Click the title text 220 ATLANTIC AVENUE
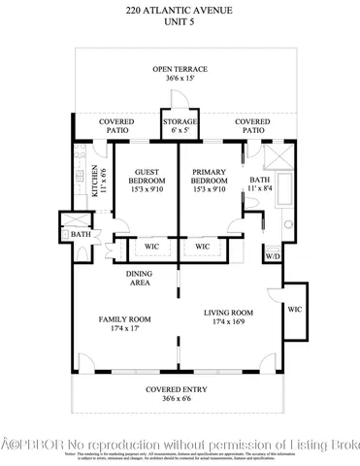[x=180, y=10]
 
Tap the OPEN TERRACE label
[x=180, y=69]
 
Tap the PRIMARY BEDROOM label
[x=210, y=177]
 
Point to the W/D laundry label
[x=272, y=257]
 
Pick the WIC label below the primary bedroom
[x=203, y=247]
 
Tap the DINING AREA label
[x=140, y=279]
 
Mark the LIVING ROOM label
[x=228, y=313]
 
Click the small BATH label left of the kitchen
[x=78, y=234]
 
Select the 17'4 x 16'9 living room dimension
[x=228, y=324]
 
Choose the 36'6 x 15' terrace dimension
[x=180, y=80]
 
